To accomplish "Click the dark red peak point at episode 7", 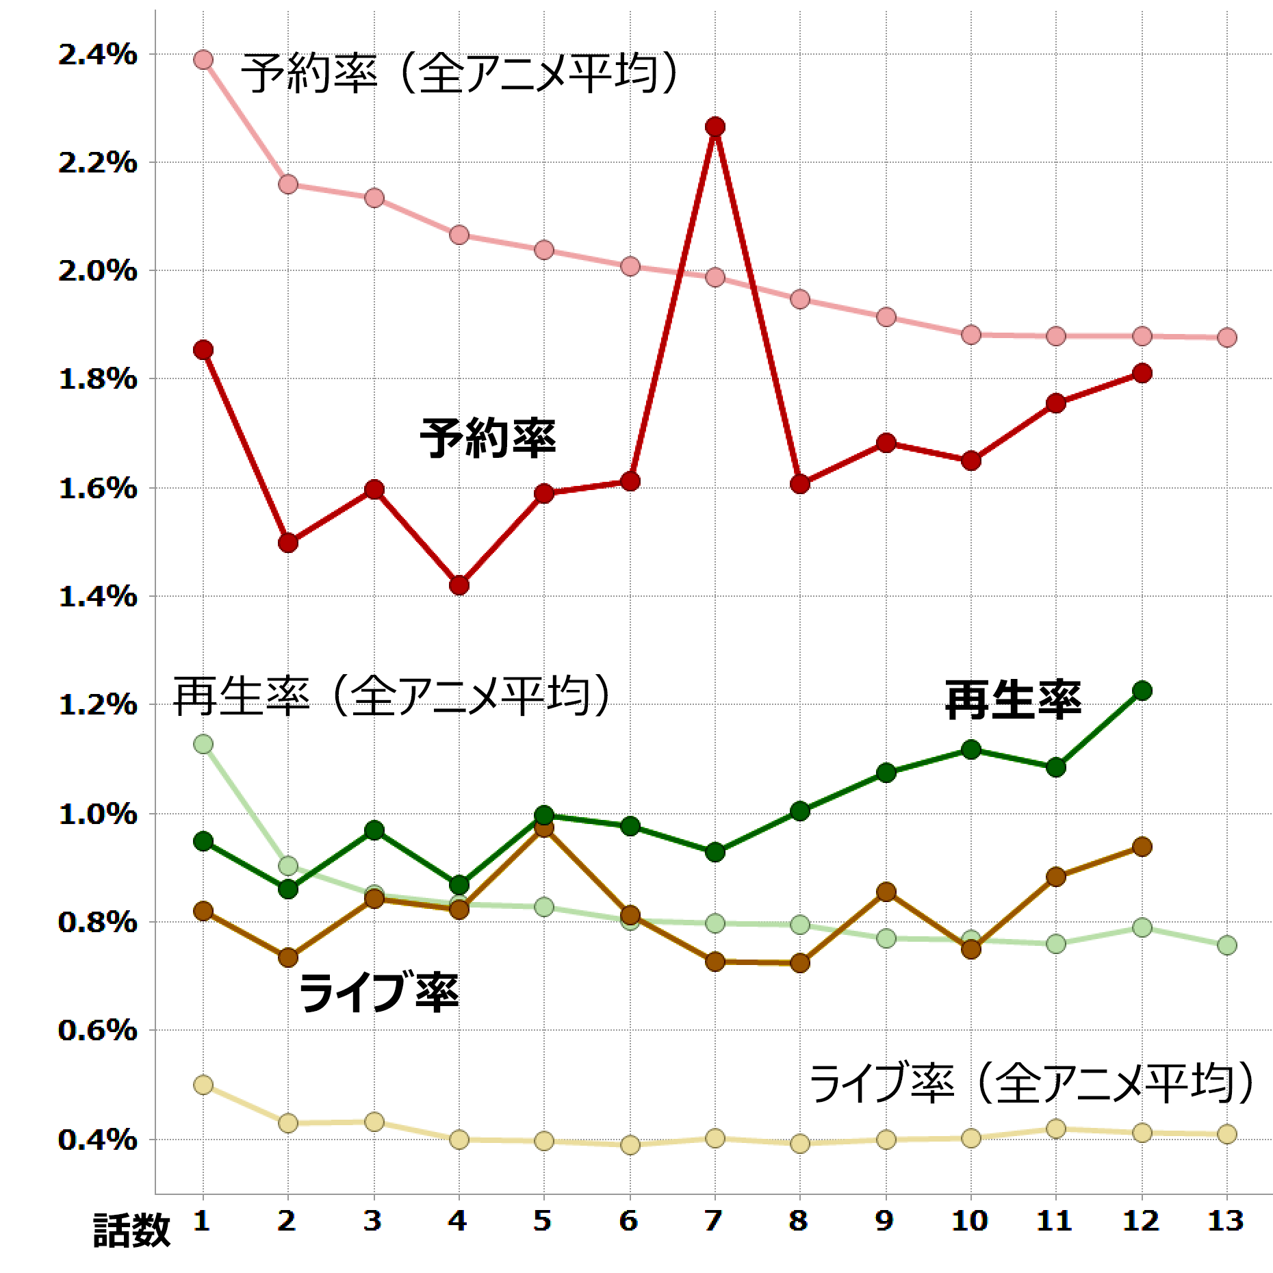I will (x=715, y=127).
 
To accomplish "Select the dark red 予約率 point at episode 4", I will (x=459, y=585).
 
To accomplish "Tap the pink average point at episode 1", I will (x=203, y=60).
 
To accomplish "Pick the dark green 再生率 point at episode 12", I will (x=1142, y=691).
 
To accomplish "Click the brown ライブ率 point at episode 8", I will (x=799, y=963).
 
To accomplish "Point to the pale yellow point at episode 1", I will (x=203, y=1085).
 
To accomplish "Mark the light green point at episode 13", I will (x=1227, y=945).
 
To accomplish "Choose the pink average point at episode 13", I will (x=1227, y=337).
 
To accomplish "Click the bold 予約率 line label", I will (x=487, y=439).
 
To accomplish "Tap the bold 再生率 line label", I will (x=1013, y=700).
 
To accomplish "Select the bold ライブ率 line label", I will (x=378, y=993).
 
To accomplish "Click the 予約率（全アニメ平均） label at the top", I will (x=460, y=74).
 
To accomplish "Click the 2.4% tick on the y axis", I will (x=97, y=55).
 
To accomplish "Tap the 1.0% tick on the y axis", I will (x=97, y=814).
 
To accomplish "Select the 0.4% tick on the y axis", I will (x=97, y=1140).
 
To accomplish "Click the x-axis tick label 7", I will (x=715, y=1220).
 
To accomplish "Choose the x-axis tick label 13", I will (x=1226, y=1220).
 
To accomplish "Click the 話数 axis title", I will (x=131, y=1231).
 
